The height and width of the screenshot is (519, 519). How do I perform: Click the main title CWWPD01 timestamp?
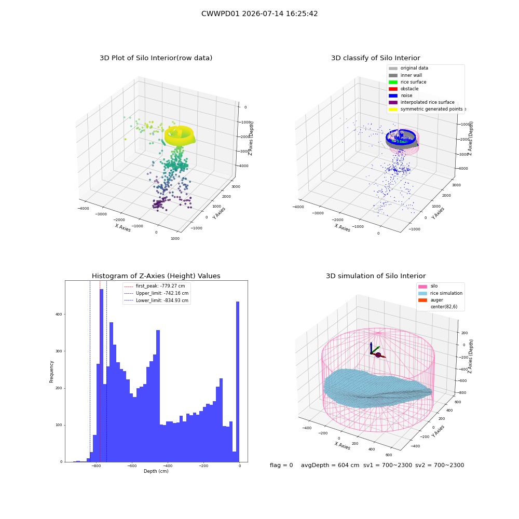point(259,13)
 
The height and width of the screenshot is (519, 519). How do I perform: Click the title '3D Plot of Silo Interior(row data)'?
point(156,58)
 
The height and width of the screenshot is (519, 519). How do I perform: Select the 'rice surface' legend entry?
point(407,82)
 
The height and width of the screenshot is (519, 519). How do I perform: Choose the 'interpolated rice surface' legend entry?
point(421,102)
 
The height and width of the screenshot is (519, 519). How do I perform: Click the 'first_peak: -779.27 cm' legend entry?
point(154,286)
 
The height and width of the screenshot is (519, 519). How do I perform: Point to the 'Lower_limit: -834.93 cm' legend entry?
point(156,301)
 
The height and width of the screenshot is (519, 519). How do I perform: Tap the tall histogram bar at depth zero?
point(238,381)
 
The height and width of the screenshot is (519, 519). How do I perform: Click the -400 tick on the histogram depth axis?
point(168,466)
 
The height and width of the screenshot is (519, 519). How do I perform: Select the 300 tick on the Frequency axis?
point(59,351)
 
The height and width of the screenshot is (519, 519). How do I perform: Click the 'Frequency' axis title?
point(51,372)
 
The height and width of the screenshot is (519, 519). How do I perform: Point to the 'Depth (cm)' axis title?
point(156,471)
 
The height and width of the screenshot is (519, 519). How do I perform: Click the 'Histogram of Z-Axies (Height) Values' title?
point(156,276)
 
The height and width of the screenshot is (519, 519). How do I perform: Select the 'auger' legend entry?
point(431,300)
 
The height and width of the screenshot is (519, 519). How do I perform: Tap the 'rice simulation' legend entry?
point(440,293)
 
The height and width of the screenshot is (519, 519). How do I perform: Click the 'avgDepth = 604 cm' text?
point(330,465)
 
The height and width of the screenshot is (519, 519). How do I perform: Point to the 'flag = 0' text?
point(281,465)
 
